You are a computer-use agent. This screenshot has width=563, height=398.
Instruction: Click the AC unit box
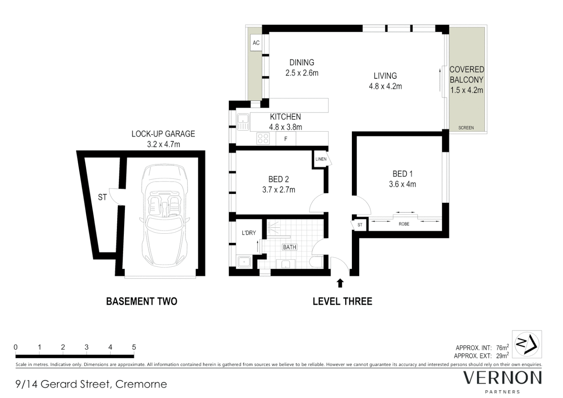(256, 43)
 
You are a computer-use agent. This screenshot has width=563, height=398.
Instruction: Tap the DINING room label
(301, 63)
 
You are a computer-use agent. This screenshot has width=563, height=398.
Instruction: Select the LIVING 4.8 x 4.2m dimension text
(385, 87)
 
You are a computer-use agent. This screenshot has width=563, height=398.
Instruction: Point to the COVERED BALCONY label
(466, 74)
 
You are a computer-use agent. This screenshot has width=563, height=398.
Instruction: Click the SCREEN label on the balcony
(466, 128)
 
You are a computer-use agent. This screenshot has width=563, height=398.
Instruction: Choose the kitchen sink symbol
(243, 122)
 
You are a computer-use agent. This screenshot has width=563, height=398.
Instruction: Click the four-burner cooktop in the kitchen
(263, 139)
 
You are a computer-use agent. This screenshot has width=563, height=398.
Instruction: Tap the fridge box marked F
(286, 139)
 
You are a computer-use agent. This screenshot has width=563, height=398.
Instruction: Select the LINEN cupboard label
(321, 159)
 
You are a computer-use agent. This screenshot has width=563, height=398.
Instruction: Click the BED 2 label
(279, 179)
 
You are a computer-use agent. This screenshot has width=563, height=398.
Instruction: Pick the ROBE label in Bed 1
(404, 224)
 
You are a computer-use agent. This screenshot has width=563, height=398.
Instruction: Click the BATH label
(289, 247)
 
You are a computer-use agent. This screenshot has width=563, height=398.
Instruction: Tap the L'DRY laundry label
(249, 233)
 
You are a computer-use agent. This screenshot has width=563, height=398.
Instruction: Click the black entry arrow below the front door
(340, 283)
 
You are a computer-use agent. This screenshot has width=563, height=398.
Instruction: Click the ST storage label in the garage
(102, 198)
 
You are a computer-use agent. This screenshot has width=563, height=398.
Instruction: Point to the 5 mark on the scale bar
(134, 347)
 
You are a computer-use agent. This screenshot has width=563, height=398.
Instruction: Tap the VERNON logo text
(502, 378)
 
